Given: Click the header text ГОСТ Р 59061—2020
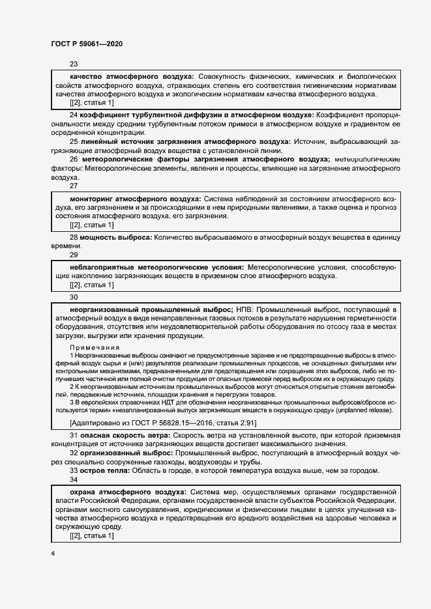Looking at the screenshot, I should pos(86,44).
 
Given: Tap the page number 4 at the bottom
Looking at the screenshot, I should pos(52,553).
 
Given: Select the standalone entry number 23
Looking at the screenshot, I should pos(73,64).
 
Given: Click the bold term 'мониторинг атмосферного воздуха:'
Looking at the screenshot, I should pos(135,199).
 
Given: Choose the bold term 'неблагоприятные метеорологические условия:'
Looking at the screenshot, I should pos(156,268).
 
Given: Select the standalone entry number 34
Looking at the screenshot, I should pos(73,479).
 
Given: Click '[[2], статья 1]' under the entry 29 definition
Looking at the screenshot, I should pos(91,285).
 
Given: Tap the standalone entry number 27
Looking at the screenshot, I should pos(73,186).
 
